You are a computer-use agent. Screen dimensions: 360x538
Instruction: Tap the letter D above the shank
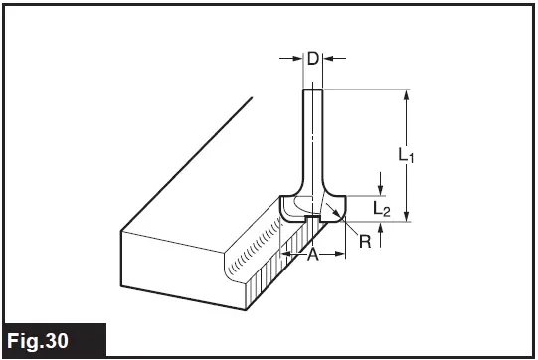[312, 59]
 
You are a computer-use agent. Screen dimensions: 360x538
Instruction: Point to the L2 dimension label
[382, 208]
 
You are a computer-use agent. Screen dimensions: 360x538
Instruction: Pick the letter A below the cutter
[312, 256]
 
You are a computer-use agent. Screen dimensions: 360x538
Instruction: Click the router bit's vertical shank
[312, 139]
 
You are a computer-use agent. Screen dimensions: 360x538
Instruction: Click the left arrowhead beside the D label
[297, 60]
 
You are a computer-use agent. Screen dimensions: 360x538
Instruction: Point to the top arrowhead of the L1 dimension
[407, 95]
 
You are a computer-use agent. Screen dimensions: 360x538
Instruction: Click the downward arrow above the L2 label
[380, 189]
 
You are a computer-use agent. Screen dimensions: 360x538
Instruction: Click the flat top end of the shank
[312, 90]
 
